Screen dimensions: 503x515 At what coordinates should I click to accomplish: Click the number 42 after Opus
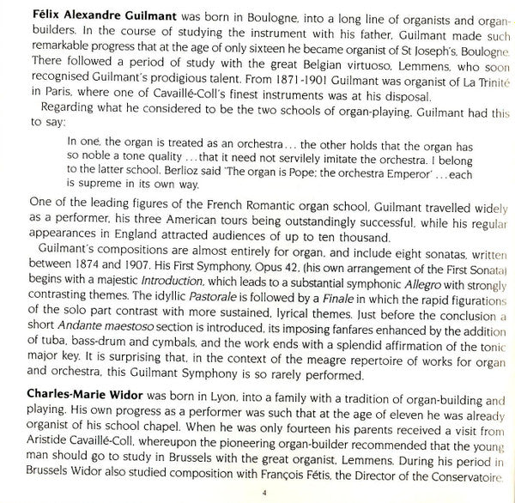point(306,267)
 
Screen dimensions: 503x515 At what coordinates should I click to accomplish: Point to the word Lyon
point(220,400)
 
